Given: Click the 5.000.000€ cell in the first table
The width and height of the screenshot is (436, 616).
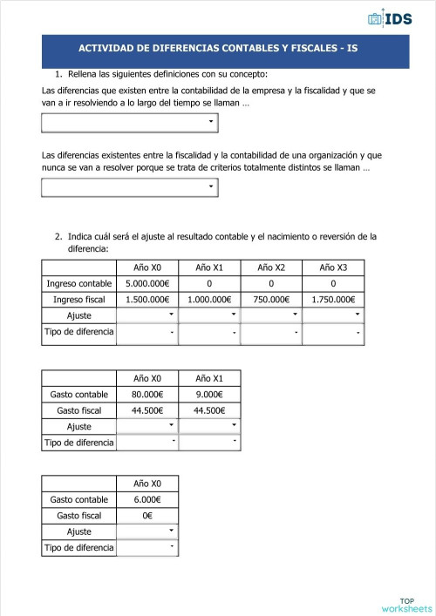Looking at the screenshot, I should pyautogui.click(x=146, y=284).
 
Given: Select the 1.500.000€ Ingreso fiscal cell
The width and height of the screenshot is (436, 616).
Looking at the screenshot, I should pyautogui.click(x=146, y=300).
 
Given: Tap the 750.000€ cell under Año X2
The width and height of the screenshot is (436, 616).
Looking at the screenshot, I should pyautogui.click(x=271, y=300).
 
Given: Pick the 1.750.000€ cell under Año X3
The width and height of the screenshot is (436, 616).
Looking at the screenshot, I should pyautogui.click(x=333, y=300).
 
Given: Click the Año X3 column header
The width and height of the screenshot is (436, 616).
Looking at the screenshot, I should pyautogui.click(x=333, y=267).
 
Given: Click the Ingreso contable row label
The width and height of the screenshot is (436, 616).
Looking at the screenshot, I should pyautogui.click(x=79, y=284).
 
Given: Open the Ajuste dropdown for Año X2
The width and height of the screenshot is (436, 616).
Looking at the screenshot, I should pyautogui.click(x=271, y=315).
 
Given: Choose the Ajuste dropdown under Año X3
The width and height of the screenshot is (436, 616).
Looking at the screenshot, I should pyautogui.click(x=333, y=315).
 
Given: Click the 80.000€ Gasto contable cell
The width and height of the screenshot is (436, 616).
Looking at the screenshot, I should pyautogui.click(x=146, y=395).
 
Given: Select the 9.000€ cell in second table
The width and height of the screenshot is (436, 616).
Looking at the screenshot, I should pyautogui.click(x=209, y=395).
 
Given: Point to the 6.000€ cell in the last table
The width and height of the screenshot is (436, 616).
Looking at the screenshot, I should pyautogui.click(x=146, y=499).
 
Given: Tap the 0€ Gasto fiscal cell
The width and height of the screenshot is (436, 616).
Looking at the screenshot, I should pyautogui.click(x=146, y=516).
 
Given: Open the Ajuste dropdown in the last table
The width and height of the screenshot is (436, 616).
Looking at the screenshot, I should pyautogui.click(x=146, y=531).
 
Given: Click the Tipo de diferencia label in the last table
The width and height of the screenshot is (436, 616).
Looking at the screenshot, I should pyautogui.click(x=79, y=547).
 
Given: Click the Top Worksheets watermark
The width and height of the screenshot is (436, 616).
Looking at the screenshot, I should pyautogui.click(x=406, y=605).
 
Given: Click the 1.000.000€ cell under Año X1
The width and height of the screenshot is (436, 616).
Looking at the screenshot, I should pyautogui.click(x=209, y=300).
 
